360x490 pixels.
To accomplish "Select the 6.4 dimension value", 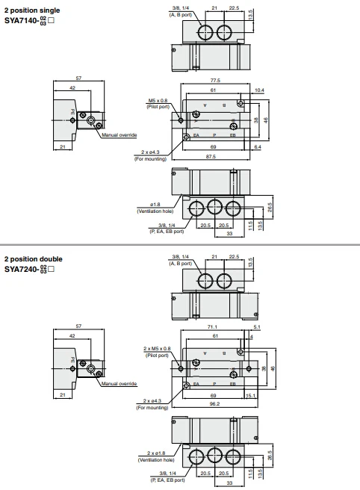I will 257,147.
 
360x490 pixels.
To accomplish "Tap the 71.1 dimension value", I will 213,326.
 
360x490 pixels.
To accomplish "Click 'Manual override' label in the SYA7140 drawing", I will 119,134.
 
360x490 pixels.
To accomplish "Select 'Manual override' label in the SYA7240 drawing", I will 119,383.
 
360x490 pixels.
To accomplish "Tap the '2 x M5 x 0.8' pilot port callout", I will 156,348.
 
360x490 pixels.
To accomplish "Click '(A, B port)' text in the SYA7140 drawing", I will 181,13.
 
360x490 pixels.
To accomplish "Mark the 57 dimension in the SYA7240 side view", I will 78,326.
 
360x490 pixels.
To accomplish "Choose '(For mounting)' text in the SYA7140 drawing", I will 151,159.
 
